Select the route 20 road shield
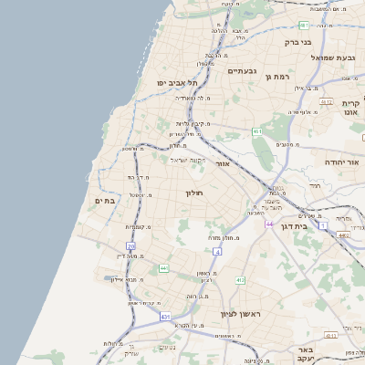pos(131,246)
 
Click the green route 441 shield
pos(163,268)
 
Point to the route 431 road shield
pos(165,316)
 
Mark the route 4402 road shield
pos(343,235)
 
